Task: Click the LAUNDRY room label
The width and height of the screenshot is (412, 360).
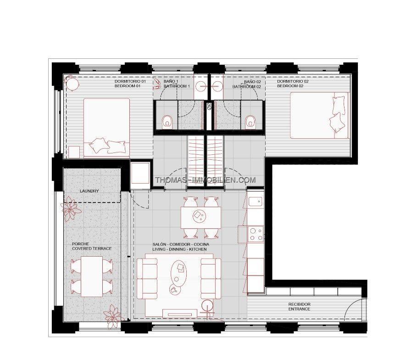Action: coord(89,191)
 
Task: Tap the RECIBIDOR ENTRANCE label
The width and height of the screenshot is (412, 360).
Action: coord(299,307)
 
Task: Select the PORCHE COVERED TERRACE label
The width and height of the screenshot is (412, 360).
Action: coord(92,246)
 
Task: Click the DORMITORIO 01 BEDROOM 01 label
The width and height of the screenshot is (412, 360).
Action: coord(130,84)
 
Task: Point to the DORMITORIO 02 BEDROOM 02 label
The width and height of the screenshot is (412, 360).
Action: coord(293,84)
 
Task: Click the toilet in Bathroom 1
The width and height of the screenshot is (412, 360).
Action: coord(167,122)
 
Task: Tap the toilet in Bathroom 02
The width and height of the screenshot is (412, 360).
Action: coord(250,122)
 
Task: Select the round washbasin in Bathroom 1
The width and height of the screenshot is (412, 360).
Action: coord(202,85)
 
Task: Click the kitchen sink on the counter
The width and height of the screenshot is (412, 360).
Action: coord(255,202)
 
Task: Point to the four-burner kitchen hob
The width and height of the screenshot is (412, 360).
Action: coord(256,234)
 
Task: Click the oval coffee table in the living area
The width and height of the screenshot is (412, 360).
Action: coord(178,272)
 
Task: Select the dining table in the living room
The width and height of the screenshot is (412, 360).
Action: coord(201,218)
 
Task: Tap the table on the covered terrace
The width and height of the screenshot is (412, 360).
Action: coord(92,276)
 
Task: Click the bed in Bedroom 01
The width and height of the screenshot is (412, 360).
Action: coord(107,128)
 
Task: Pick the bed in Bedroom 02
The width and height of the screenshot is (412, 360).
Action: coord(319,115)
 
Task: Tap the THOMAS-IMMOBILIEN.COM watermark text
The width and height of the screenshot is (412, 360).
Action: coord(205,180)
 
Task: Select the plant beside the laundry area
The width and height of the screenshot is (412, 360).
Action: coord(70,209)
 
